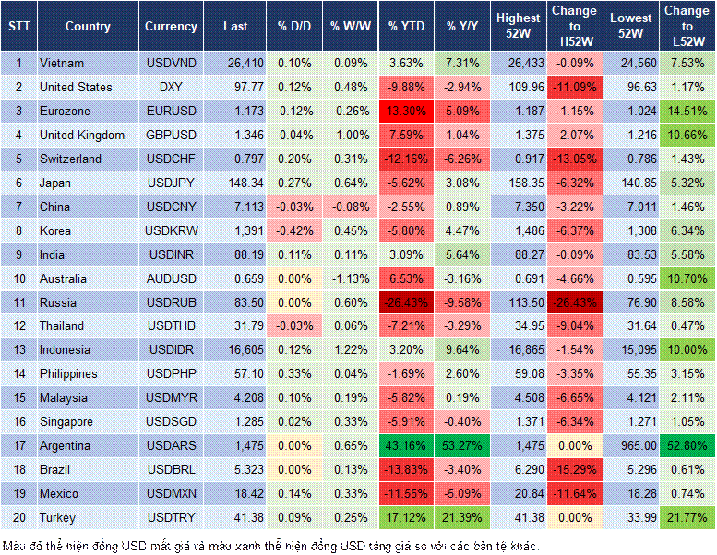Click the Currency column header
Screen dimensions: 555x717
(x=171, y=27)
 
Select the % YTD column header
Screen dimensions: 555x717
(x=407, y=27)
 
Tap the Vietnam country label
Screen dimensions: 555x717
(x=62, y=63)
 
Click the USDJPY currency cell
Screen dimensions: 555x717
(x=171, y=183)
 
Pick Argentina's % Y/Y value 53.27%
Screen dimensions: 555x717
(x=464, y=445)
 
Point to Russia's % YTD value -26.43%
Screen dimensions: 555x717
(x=407, y=301)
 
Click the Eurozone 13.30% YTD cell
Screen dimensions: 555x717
(x=407, y=111)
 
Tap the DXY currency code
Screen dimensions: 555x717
(x=171, y=87)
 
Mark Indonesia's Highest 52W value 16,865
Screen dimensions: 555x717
(x=519, y=349)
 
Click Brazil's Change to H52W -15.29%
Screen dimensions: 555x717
(x=575, y=469)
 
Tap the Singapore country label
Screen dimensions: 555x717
(x=66, y=421)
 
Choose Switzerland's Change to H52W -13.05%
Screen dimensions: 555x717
(x=575, y=159)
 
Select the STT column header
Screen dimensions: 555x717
(x=18, y=27)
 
